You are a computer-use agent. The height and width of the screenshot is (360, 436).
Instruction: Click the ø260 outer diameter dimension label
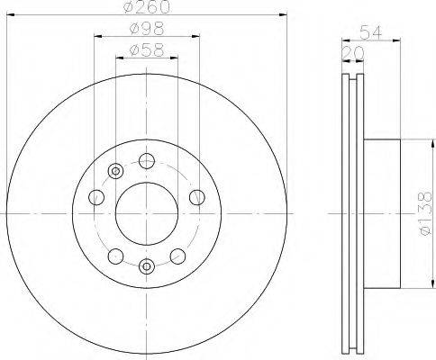[x=147, y=7]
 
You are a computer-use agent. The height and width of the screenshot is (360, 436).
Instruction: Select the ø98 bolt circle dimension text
[x=147, y=29]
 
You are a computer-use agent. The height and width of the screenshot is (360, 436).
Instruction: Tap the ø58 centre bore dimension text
[x=147, y=50]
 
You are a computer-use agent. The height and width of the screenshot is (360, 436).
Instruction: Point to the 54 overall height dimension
[x=371, y=32]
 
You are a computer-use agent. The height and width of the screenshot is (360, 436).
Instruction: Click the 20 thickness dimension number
[x=353, y=53]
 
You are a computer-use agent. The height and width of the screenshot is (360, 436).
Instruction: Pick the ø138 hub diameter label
[x=425, y=213]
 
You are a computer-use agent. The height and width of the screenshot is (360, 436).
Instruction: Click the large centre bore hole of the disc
[x=147, y=213]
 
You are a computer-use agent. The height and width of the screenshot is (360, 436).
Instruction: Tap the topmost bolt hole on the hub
[x=147, y=161]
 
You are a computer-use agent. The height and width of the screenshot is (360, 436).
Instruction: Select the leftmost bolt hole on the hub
[x=96, y=197]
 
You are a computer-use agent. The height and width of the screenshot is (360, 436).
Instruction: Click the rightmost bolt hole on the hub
[x=197, y=197]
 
